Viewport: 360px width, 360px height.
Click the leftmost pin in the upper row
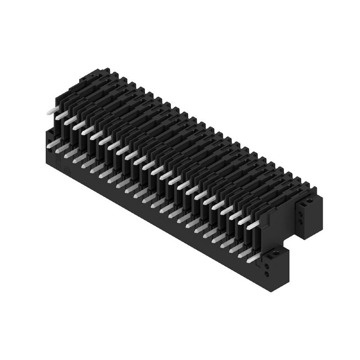(51, 111)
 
